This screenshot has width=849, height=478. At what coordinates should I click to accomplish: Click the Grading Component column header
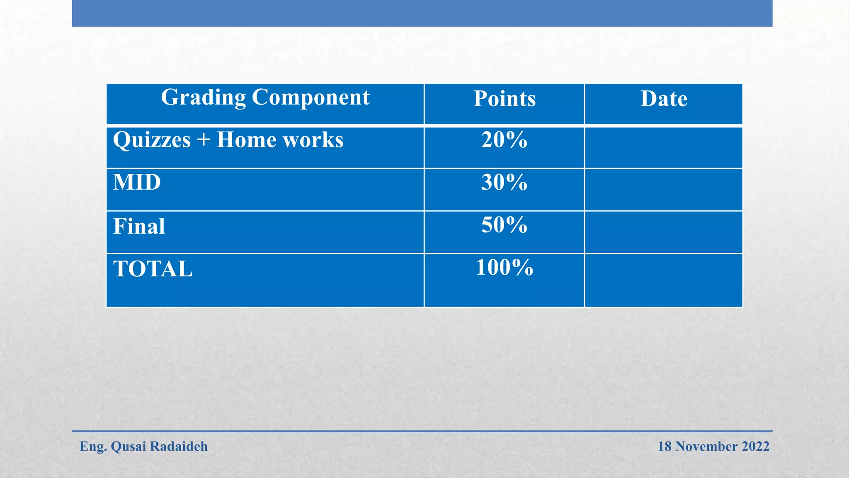point(265,98)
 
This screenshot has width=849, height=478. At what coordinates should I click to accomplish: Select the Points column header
point(504,99)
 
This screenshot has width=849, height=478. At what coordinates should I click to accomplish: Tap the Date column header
point(663,99)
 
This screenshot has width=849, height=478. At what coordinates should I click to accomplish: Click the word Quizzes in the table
point(152,140)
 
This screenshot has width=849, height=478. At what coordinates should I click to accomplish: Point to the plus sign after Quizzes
point(204,140)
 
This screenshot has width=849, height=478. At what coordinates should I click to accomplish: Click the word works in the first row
point(313,140)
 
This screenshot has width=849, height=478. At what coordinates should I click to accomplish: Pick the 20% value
point(504,140)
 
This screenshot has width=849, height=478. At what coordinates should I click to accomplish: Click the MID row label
point(137,183)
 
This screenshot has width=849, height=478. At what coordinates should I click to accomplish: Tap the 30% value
point(504,183)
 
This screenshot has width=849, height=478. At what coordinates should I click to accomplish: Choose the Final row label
point(139,227)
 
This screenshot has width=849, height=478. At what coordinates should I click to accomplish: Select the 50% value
point(504,225)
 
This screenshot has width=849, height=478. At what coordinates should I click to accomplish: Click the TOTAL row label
point(153,269)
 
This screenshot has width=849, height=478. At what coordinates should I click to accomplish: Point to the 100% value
point(504,268)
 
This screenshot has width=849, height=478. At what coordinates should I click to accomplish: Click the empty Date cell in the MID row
point(663,190)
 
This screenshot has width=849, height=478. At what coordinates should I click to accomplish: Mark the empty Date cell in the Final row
point(663,232)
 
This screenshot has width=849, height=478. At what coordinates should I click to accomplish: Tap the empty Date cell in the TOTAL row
point(663,280)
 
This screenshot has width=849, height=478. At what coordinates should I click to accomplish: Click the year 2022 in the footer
point(755,447)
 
